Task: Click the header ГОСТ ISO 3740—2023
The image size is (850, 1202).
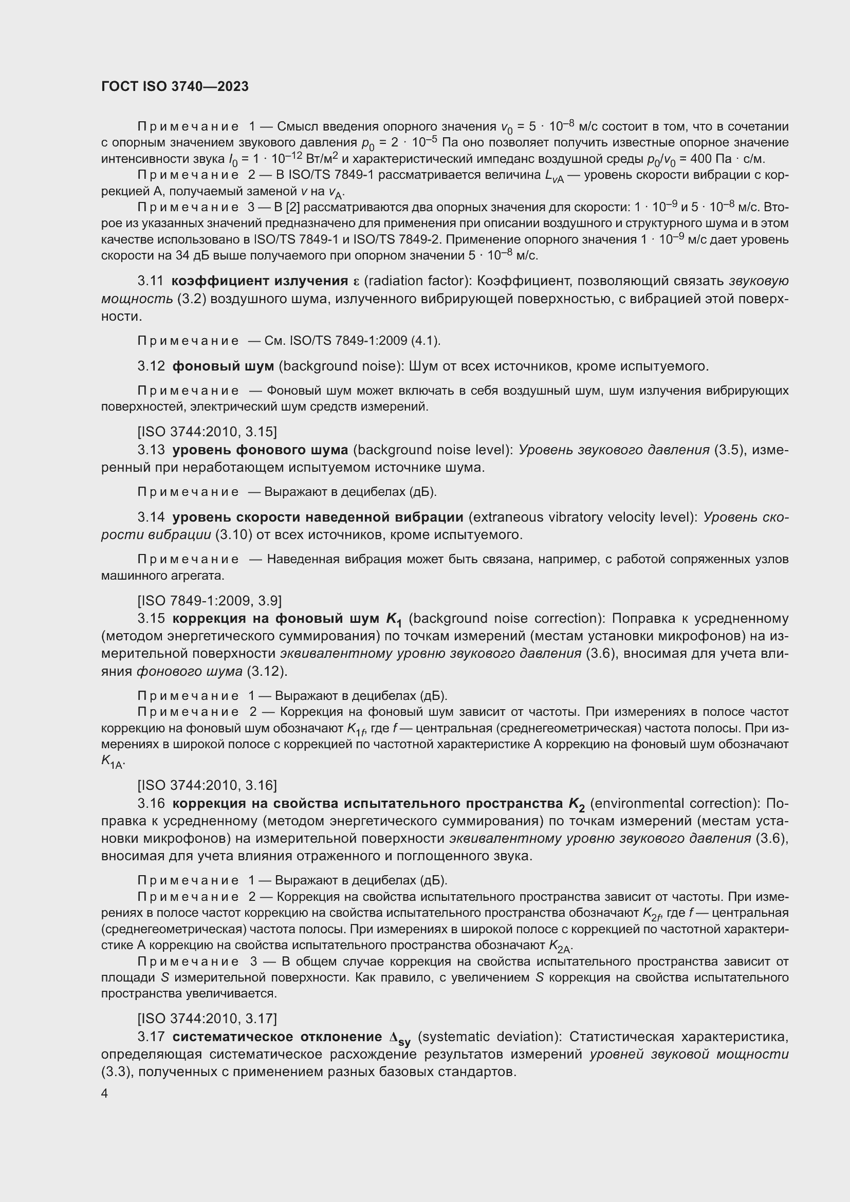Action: tap(175, 87)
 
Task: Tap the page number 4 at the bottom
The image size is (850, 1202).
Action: tap(105, 1094)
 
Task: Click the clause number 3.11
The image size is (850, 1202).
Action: tap(151, 281)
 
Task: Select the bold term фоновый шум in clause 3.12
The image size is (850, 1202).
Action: tap(223, 366)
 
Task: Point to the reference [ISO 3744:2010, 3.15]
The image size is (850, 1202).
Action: tap(207, 431)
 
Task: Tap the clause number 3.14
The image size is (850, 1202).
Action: tap(151, 517)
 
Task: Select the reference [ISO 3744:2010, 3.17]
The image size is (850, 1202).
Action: tap(207, 1018)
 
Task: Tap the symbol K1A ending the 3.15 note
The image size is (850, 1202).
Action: tap(112, 762)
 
